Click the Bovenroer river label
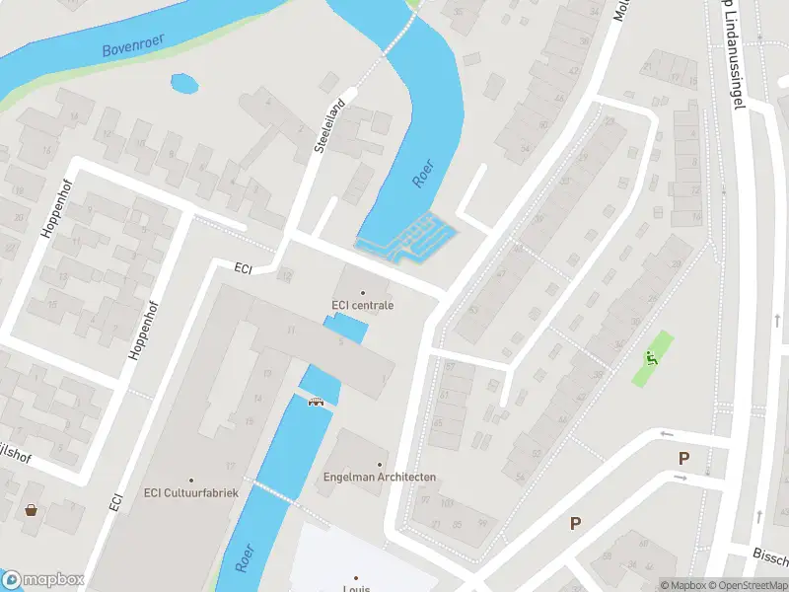tap(133, 45)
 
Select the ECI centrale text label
tap(362, 305)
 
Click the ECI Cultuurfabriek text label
tap(191, 493)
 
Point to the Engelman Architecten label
tap(380, 478)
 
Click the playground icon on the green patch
tap(650, 359)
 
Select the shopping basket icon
tap(32, 510)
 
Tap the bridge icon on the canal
tap(317, 401)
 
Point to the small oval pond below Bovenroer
tap(184, 84)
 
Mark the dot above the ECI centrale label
tap(362, 292)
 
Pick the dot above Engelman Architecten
tap(380, 465)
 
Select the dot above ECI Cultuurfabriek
tap(191, 481)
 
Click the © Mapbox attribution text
tap(682, 585)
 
